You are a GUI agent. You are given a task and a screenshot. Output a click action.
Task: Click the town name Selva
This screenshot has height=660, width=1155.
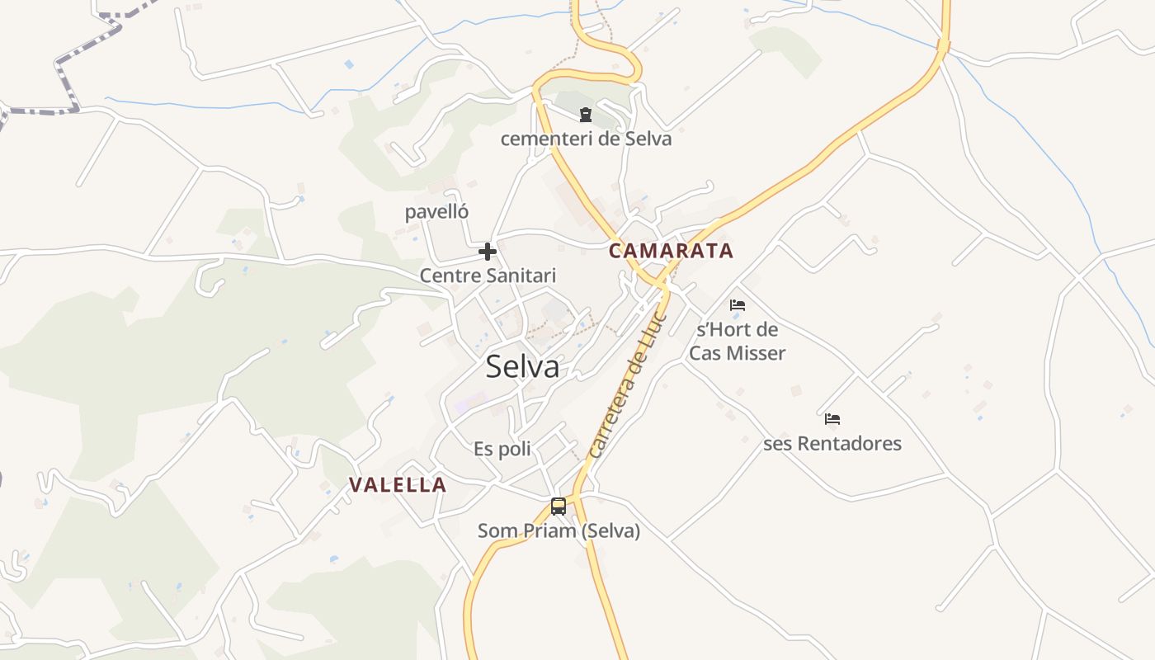pyautogui.click(x=522, y=367)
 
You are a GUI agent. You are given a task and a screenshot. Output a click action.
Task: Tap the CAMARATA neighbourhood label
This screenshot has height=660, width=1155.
pyautogui.click(x=671, y=251)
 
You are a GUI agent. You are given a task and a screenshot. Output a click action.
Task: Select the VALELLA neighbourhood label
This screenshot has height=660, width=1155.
pyautogui.click(x=398, y=485)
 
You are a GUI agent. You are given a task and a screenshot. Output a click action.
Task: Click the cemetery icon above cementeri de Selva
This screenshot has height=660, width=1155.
pyautogui.click(x=586, y=115)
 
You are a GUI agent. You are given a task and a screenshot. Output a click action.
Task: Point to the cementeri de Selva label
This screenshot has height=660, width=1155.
pyautogui.click(x=586, y=139)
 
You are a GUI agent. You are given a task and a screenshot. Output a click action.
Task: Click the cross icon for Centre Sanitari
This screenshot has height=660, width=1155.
pyautogui.click(x=488, y=251)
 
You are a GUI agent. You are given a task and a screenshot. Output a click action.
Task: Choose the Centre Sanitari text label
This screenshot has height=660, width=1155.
pyautogui.click(x=488, y=276)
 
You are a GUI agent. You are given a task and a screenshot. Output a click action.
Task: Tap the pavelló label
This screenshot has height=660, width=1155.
pyautogui.click(x=436, y=212)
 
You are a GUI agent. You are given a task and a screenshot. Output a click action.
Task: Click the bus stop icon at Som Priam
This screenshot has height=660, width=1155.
pyautogui.click(x=559, y=506)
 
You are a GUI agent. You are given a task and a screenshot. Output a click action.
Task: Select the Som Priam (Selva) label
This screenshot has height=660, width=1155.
pyautogui.click(x=559, y=530)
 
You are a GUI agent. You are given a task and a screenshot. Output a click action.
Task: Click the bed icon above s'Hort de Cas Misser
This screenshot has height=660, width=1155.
pyautogui.click(x=738, y=305)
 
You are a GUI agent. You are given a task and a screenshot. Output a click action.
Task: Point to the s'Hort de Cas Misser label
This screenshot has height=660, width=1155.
pyautogui.click(x=737, y=342)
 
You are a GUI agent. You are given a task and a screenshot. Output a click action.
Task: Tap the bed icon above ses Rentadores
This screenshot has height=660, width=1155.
pyautogui.click(x=832, y=419)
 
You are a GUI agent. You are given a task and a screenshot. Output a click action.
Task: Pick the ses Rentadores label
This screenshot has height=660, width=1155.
pyautogui.click(x=832, y=444)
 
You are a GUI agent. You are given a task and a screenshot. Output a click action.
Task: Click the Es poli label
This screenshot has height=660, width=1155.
pyautogui.click(x=502, y=450)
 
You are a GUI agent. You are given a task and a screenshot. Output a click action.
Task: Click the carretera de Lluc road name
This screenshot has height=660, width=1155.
pyautogui.click(x=629, y=384)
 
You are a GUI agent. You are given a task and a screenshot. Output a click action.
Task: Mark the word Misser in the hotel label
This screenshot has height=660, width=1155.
pyautogui.click(x=756, y=353)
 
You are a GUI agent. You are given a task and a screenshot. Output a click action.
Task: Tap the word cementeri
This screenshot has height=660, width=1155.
pyautogui.click(x=546, y=139)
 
